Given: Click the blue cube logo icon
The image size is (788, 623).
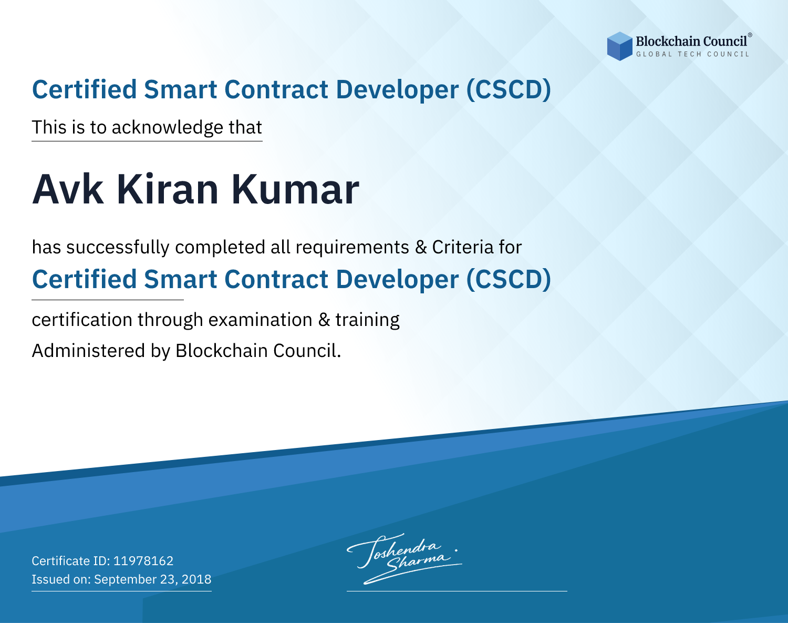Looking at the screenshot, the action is (619, 46).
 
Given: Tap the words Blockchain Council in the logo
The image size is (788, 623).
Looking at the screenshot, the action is (691, 42).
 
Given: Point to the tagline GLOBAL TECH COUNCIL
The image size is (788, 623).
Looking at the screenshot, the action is (693, 54).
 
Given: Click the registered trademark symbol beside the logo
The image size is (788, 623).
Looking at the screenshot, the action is (750, 35).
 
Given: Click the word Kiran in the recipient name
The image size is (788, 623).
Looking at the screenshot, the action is (168, 189).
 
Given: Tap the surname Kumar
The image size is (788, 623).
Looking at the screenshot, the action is (295, 189).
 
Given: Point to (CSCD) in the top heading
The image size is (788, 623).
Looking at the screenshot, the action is (509, 90).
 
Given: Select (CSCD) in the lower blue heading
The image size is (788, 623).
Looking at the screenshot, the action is (509, 280).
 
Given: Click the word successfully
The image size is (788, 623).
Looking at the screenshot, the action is (118, 248).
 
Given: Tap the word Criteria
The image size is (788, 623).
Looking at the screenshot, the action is (462, 247).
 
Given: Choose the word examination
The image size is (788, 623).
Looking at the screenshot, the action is (261, 320).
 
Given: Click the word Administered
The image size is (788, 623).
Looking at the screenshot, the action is (88, 351).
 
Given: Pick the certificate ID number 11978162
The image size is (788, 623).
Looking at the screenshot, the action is (143, 561).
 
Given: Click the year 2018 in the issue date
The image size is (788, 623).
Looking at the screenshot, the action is (196, 579).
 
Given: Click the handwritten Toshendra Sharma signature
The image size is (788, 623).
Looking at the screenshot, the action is (404, 558).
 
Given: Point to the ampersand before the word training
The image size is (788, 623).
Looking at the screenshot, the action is (324, 320).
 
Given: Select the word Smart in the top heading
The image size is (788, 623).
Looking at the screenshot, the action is (181, 90).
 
